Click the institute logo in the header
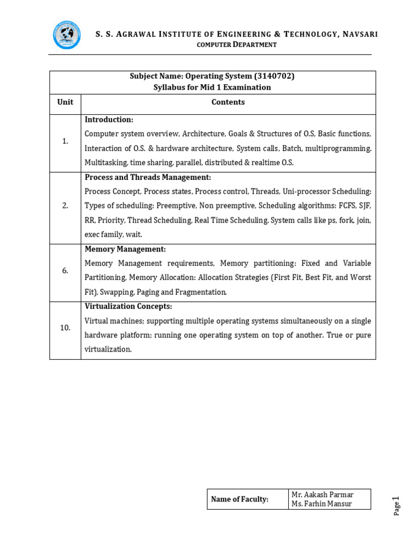[x=67, y=35]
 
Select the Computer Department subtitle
[x=236, y=45]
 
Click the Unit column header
[x=65, y=102]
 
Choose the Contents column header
[x=228, y=102]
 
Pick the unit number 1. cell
[x=65, y=141]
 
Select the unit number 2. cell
[x=65, y=206]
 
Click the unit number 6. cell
[x=65, y=271]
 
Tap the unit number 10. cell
[x=65, y=328]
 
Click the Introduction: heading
[x=109, y=119]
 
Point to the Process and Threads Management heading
[x=148, y=177]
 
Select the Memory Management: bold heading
[x=125, y=249]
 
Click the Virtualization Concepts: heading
[x=129, y=306]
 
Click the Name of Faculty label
[x=240, y=499]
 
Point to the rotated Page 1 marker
[x=396, y=505]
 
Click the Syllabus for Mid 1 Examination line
[x=212, y=87]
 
